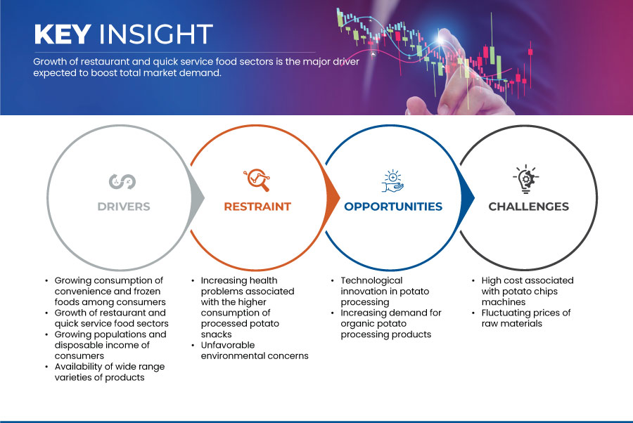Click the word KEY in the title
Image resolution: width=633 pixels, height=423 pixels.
click(63, 34)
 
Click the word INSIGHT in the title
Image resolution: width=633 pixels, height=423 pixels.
click(156, 34)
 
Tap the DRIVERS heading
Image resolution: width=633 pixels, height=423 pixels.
click(124, 207)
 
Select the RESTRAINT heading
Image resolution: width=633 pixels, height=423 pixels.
click(257, 207)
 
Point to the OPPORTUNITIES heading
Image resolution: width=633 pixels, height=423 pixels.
click(393, 207)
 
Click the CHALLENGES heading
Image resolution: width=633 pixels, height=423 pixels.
click(528, 207)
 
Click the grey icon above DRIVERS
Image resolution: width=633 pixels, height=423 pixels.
click(122, 181)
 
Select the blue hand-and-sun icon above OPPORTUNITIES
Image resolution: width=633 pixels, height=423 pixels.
click(392, 181)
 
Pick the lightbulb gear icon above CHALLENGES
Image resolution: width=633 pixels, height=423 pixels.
click(526, 179)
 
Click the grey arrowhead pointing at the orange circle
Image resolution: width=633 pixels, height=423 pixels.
click(198, 197)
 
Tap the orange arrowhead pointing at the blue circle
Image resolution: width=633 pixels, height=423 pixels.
click(333, 197)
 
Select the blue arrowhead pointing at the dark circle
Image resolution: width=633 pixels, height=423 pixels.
click(468, 197)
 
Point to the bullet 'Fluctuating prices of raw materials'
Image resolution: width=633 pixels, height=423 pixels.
click(522, 318)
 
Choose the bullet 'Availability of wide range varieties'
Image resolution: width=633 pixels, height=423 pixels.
click(106, 372)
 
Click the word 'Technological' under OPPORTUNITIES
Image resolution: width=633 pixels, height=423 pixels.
click(371, 280)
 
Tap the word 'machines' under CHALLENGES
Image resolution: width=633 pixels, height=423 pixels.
click(504, 302)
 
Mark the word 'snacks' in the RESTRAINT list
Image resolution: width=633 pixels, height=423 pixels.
click(217, 334)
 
